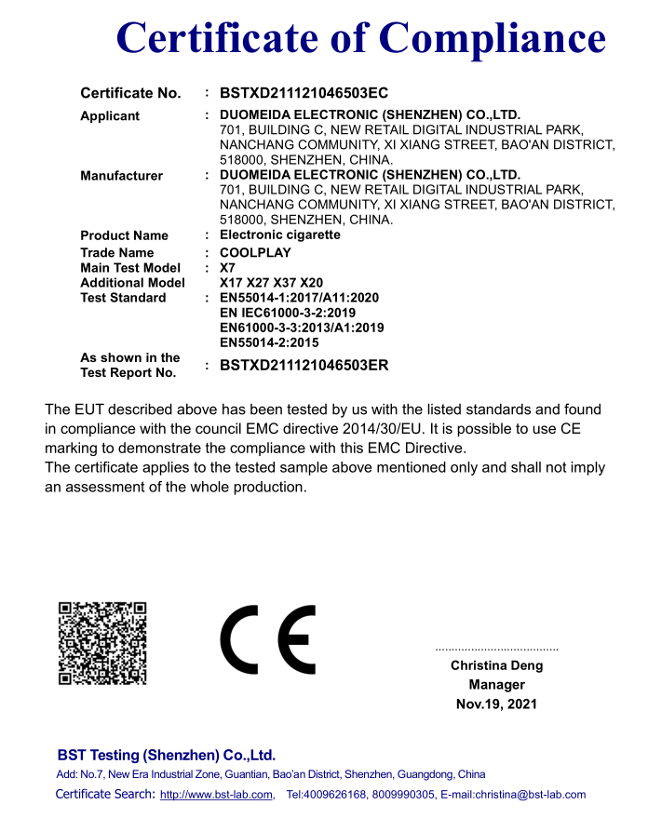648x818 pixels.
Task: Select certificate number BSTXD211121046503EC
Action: coord(304,93)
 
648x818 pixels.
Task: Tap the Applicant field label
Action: coord(110,116)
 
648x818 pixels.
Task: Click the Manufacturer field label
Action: coord(121,176)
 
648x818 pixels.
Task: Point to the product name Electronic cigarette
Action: coord(279,235)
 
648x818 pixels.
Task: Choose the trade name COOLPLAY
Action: coord(255,253)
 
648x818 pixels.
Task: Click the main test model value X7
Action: coord(227,268)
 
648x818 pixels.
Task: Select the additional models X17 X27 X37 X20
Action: coord(271,283)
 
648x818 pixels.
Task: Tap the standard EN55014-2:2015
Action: coord(269,342)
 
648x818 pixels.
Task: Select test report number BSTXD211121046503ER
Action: coord(304,366)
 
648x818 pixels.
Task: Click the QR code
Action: coord(102,643)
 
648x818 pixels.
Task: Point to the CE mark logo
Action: coord(267,639)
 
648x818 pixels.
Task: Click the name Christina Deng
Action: coord(496,666)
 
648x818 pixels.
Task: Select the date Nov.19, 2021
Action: coord(496,704)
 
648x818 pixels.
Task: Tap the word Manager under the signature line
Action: coord(496,685)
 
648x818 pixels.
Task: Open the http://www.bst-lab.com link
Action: coord(216,795)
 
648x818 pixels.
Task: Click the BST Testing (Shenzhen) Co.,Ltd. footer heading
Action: coord(166,755)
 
